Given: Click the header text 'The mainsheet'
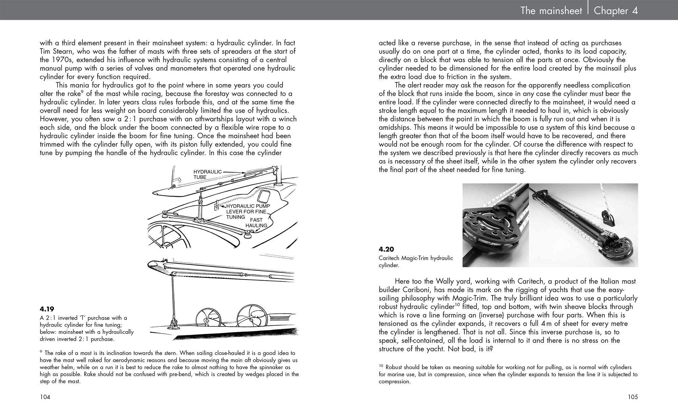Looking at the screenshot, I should (551, 11).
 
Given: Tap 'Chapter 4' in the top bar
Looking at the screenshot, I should (616, 11).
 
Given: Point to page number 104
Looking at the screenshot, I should (45, 397).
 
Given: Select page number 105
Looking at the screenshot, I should (632, 397).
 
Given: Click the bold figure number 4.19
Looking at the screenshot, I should (47, 309).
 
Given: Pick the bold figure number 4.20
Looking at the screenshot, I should (386, 249).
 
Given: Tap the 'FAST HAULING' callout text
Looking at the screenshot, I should (256, 223).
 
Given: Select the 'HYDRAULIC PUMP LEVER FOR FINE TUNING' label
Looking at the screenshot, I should (248, 211).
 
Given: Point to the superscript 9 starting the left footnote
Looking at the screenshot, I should (41, 352).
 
